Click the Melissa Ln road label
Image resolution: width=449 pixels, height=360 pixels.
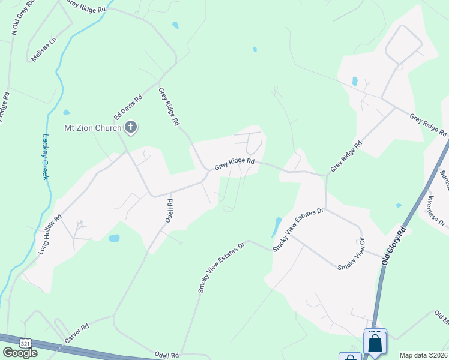pyautogui.click(x=44, y=50)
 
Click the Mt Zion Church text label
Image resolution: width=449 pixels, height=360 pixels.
pyautogui.click(x=93, y=127)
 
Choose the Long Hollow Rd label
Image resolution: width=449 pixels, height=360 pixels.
pyautogui.click(x=50, y=233)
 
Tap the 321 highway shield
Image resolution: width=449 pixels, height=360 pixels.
pyautogui.click(x=25, y=343)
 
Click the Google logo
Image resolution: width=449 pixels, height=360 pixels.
pyautogui.click(x=20, y=353)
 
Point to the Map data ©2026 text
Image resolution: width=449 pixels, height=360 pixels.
pyautogui.click(x=424, y=355)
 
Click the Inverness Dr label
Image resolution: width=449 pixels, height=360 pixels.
pyautogui.click(x=436, y=211)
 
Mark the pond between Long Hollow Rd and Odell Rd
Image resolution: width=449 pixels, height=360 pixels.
pyautogui.click(x=114, y=238)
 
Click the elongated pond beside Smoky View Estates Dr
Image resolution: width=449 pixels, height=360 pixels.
pyautogui.click(x=276, y=227)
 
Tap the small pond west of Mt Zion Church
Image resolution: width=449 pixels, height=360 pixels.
pyautogui.click(x=66, y=112)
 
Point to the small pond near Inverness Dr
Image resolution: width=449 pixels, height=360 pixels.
pyautogui.click(x=399, y=206)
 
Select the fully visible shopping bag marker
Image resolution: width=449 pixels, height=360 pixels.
pyautogui.click(x=375, y=344)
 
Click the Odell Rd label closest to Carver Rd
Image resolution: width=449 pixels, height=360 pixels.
pyautogui.click(x=167, y=355)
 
